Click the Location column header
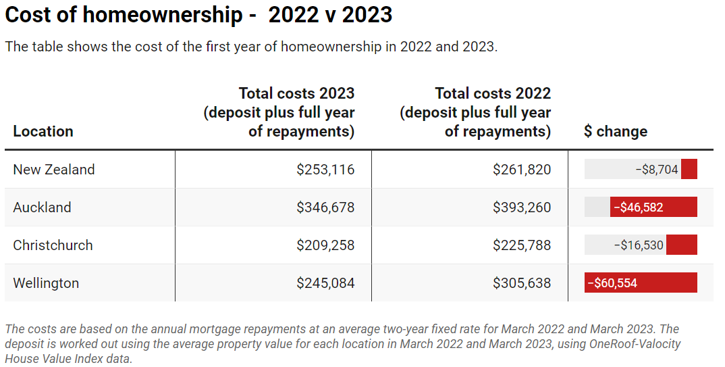43,131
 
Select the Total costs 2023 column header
279,112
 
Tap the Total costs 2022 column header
475,112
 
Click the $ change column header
615,131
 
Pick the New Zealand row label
54,170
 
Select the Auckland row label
42,207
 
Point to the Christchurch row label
53,245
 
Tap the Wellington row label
46,283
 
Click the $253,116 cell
325,170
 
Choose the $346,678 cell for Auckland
325,207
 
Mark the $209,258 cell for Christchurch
325,245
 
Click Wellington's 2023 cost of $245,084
325,283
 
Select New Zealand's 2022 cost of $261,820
522,170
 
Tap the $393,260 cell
522,207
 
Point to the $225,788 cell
522,245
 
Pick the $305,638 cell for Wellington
522,283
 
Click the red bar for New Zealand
689,170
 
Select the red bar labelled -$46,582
653,207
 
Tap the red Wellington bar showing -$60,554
641,283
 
